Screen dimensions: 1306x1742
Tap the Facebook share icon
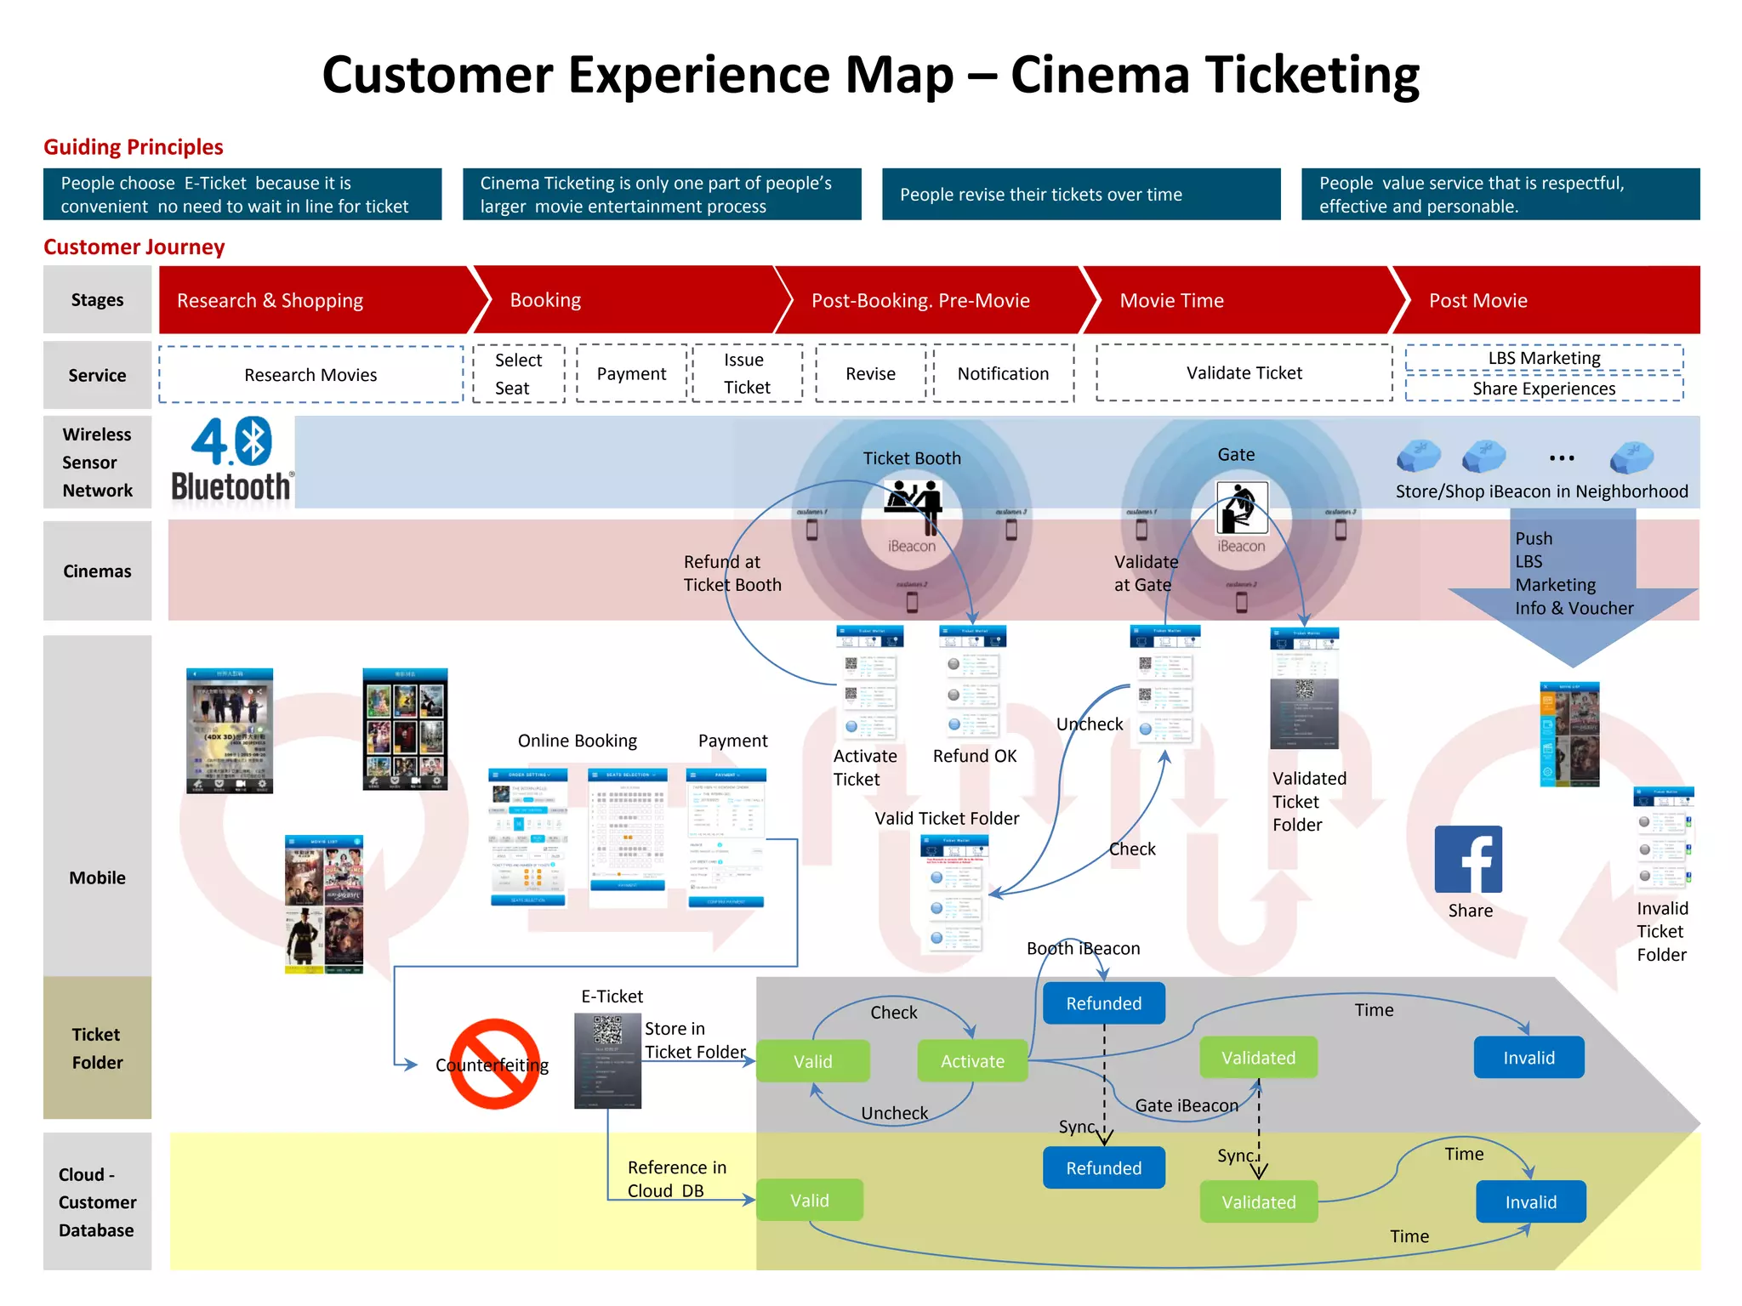(1468, 859)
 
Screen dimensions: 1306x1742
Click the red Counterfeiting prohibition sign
(494, 1064)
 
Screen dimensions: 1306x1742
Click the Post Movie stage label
(1477, 300)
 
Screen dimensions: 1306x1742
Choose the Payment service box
(631, 373)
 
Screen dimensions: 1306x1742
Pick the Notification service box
(1003, 373)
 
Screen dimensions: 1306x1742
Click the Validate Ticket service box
(1244, 372)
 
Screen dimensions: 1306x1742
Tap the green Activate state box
(972, 1060)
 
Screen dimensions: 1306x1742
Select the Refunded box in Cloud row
(1103, 1167)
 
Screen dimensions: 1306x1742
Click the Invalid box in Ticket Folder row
(1529, 1057)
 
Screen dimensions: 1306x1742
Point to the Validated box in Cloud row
(1258, 1201)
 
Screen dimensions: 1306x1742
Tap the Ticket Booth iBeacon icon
(912, 502)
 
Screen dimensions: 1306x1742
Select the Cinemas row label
(97, 571)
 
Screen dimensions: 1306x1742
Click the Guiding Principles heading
(134, 147)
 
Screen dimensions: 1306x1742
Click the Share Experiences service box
(1543, 389)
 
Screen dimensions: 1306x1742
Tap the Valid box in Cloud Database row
(809, 1200)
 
